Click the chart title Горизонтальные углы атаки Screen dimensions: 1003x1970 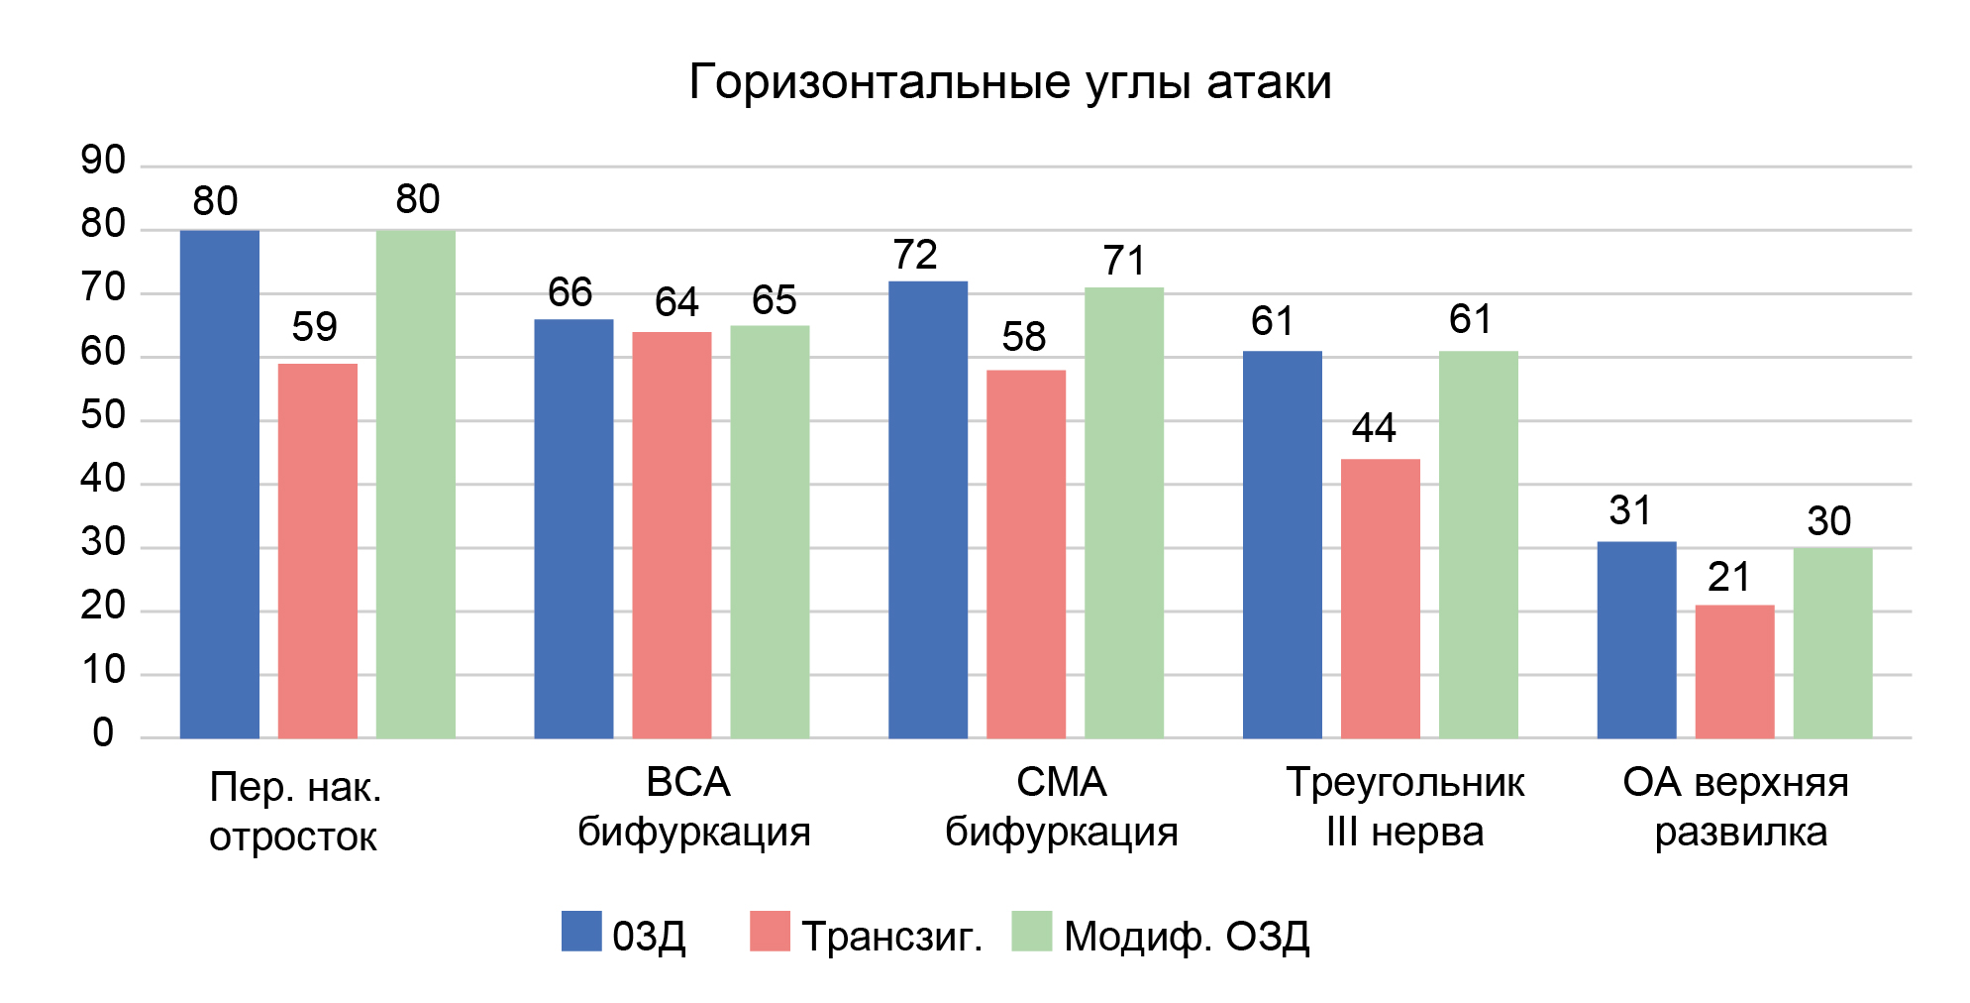pyautogui.click(x=1009, y=82)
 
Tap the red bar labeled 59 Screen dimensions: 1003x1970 pyautogui.click(x=317, y=550)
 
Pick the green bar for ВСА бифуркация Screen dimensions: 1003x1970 pyautogui.click(x=770, y=531)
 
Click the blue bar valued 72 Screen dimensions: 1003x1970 pyautogui.click(x=927, y=509)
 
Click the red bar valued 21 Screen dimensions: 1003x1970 pyautogui.click(x=1734, y=671)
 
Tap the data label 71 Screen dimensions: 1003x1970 pyautogui.click(x=1124, y=262)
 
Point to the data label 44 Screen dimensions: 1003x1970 pyautogui.click(x=1374, y=428)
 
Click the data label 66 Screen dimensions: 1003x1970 pyautogui.click(x=570, y=292)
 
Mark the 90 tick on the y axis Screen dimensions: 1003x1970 pyautogui.click(x=104, y=161)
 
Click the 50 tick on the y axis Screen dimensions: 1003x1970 pyautogui.click(x=104, y=415)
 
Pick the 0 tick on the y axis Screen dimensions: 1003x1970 pyautogui.click(x=104, y=733)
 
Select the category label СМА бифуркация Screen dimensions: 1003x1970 pyautogui.click(x=1062, y=807)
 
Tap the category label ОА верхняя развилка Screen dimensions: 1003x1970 pyautogui.click(x=1736, y=807)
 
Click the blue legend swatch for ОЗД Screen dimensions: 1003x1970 pyautogui.click(x=581, y=932)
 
